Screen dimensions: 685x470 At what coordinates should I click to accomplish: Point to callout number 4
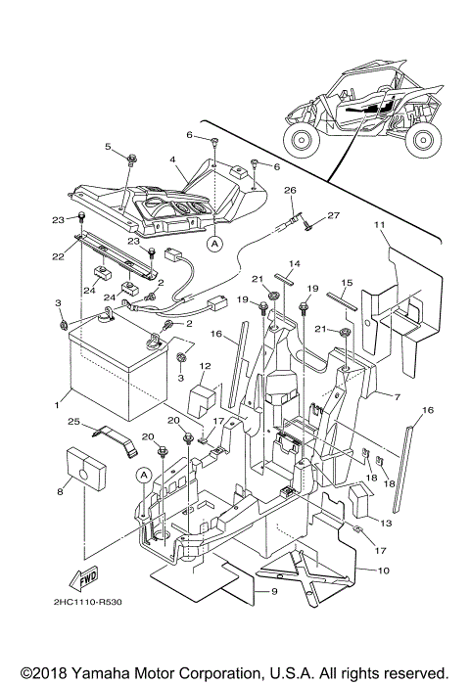click(172, 159)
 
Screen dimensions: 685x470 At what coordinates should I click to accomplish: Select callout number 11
click(378, 227)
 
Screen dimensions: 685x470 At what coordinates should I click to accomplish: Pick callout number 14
click(292, 264)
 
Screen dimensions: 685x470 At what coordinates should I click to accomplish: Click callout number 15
click(344, 283)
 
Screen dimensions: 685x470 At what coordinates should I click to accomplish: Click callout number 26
click(289, 190)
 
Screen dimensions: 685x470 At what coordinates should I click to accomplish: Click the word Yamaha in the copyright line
click(108, 673)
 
